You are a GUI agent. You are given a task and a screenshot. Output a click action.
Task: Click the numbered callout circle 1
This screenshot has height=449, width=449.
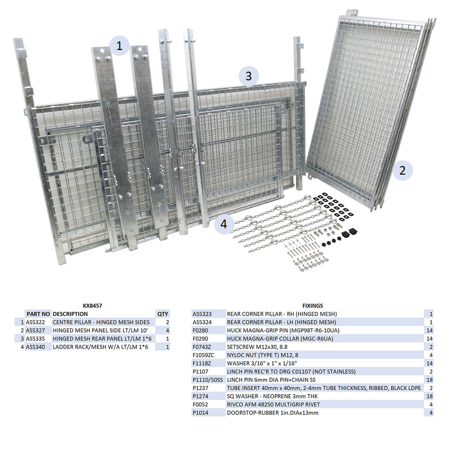click(x=120, y=46)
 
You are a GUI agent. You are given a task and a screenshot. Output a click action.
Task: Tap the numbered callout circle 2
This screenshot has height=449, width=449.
click(x=402, y=170)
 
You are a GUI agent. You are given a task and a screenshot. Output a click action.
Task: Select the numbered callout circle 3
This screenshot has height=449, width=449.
click(x=249, y=76)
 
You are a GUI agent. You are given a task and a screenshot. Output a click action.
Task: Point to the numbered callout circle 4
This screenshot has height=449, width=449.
click(x=224, y=224)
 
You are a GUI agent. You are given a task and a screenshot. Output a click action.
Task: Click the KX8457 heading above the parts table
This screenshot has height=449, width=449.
click(x=92, y=306)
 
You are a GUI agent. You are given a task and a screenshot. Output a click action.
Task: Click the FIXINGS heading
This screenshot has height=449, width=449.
click(x=312, y=306)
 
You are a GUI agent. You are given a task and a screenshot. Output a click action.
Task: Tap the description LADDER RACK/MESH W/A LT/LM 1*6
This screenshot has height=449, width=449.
click(x=100, y=347)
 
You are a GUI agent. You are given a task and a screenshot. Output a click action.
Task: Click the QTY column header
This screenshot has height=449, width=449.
click(x=162, y=314)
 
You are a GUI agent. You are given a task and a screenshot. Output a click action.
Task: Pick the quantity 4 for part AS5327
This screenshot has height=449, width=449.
click(x=167, y=330)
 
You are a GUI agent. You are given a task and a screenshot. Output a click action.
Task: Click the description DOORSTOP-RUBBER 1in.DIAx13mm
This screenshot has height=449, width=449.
click(x=273, y=413)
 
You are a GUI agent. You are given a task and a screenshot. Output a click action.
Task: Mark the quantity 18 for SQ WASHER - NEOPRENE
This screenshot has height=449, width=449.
click(x=430, y=396)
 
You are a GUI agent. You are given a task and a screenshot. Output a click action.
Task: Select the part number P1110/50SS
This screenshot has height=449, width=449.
click(x=207, y=380)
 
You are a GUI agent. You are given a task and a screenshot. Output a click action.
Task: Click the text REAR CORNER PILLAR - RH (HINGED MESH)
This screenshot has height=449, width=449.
click(x=282, y=314)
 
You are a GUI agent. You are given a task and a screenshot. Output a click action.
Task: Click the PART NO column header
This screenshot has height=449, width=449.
click(x=38, y=314)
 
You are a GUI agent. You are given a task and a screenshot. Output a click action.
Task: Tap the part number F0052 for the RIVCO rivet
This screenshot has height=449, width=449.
click(x=200, y=405)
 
